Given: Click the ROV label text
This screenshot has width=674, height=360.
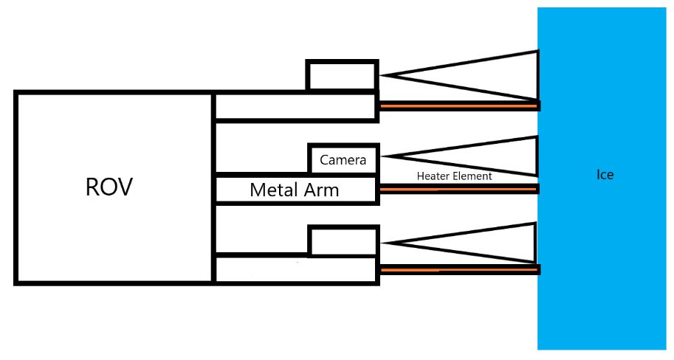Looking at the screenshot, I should coord(109,187).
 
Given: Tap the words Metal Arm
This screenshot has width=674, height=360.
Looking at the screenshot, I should coord(294,190).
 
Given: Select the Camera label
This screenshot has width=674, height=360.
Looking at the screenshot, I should coord(343,159).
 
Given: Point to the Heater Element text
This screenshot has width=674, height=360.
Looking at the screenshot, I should coord(454,176).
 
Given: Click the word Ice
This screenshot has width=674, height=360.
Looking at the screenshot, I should coord(605,175).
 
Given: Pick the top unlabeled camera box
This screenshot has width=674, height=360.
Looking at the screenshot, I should coord(342,76).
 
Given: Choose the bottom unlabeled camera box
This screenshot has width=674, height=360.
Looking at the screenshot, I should coord(342,241).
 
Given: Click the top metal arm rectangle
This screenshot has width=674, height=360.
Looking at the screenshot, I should coord(295,106).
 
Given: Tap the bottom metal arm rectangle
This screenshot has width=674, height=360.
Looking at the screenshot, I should coord(295,269).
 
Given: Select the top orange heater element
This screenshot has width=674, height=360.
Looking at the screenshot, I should coord(458,106).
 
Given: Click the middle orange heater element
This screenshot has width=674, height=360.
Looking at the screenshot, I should coord(458,190).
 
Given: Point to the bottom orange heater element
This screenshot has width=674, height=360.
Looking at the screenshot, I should coord(458,270).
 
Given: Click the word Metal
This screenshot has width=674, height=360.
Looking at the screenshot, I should coord(272,190).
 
